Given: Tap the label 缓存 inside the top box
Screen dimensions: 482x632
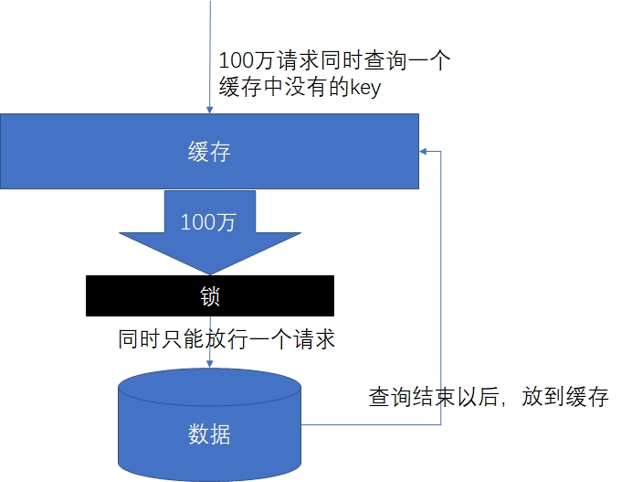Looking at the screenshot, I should click(209, 152).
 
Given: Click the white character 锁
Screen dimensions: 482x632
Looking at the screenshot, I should click(210, 296).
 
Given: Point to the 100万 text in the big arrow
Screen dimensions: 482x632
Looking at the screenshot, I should click(209, 220).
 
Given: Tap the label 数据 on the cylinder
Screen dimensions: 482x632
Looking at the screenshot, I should click(209, 434).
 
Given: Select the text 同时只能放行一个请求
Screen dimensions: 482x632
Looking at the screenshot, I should click(227, 340).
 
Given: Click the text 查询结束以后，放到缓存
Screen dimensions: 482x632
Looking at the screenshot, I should click(488, 398).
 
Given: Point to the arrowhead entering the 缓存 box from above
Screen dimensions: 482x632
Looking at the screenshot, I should click(210, 110).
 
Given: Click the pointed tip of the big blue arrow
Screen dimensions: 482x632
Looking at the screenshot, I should click(210, 273).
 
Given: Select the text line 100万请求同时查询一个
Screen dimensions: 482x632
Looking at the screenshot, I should click(335, 61).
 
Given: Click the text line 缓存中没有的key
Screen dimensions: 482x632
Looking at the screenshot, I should click(300, 89).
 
